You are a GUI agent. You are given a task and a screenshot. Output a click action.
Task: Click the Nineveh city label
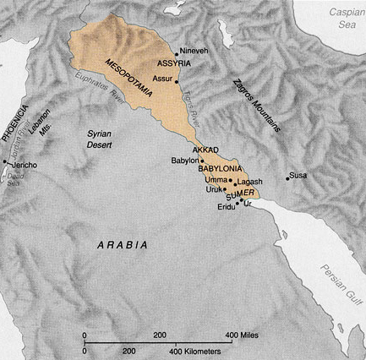point(187,50)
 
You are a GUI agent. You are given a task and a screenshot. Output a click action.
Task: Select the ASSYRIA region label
point(172,63)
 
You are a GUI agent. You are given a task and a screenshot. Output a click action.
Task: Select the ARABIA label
point(120,244)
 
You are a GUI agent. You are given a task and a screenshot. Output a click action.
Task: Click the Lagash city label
point(250,182)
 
